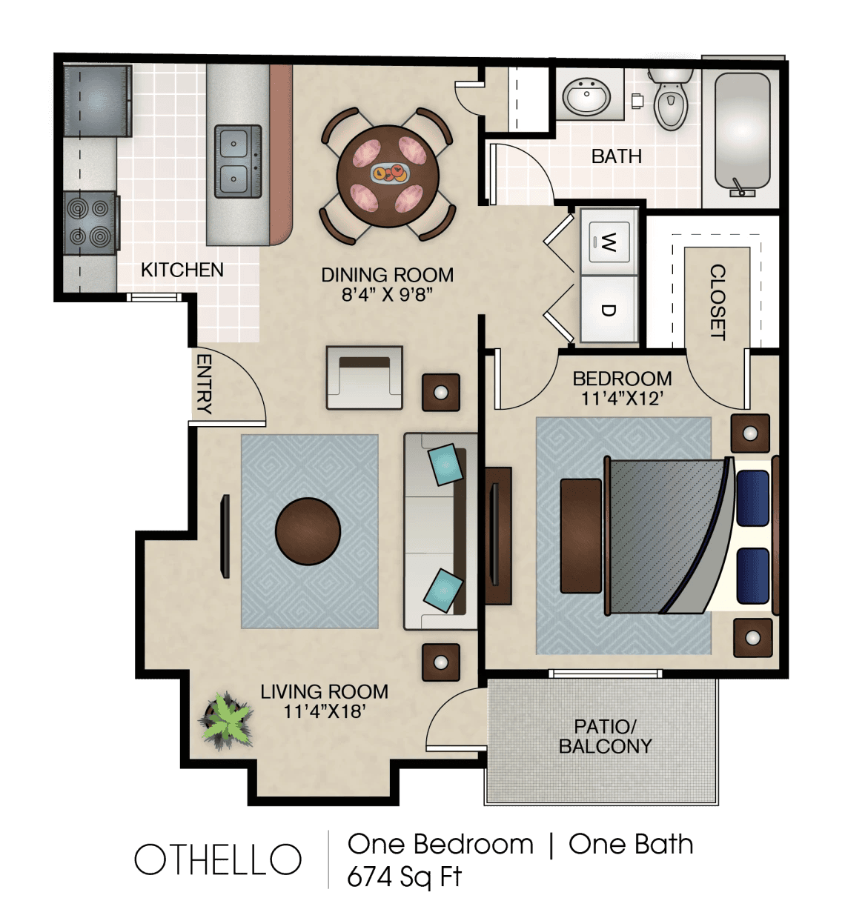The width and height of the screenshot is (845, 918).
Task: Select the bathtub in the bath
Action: pyautogui.click(x=742, y=135)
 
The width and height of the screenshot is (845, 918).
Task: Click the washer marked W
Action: pyautogui.click(x=609, y=242)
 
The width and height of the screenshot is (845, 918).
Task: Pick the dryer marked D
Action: pyautogui.click(x=609, y=310)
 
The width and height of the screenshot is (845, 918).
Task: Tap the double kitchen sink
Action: pyautogui.click(x=238, y=161)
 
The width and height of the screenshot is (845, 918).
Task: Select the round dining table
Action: pyautogui.click(x=388, y=176)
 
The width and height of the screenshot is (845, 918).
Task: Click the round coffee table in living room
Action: pyautogui.click(x=308, y=531)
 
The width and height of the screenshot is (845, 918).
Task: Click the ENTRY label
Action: pyautogui.click(x=204, y=385)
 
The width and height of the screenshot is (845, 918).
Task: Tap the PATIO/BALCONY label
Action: pyautogui.click(x=605, y=736)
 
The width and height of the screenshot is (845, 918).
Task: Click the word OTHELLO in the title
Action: pyautogui.click(x=217, y=859)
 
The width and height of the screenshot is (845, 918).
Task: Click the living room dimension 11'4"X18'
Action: pyautogui.click(x=324, y=711)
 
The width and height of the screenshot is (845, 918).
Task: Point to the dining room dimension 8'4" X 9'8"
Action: pyautogui.click(x=388, y=294)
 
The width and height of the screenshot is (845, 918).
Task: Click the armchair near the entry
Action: pyautogui.click(x=365, y=378)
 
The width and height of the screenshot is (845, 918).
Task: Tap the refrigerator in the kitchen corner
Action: pyautogui.click(x=98, y=101)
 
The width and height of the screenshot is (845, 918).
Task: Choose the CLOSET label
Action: pyautogui.click(x=718, y=302)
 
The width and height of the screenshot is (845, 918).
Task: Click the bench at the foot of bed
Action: pyautogui.click(x=581, y=536)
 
